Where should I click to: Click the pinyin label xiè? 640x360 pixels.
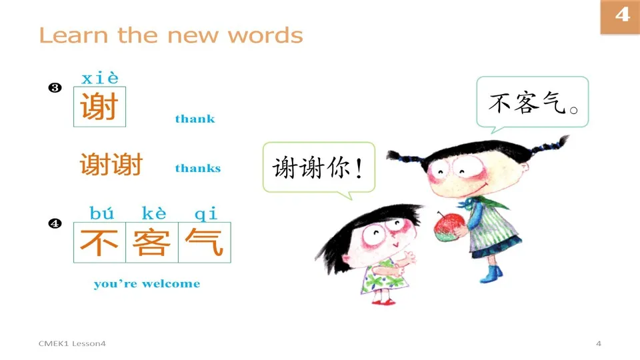(99, 79)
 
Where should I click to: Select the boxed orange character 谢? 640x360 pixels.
(99, 107)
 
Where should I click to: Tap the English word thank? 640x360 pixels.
(195, 119)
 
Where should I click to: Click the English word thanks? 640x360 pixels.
(197, 169)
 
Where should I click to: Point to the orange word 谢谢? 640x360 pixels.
(111, 164)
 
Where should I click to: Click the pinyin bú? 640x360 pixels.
(101, 214)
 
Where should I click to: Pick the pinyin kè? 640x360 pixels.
(154, 214)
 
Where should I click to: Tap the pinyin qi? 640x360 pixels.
(205, 214)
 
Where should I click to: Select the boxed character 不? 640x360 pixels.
(99, 243)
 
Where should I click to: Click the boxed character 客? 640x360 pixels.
(152, 243)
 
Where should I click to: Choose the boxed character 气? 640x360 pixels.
(204, 243)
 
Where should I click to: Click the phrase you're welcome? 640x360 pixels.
(147, 284)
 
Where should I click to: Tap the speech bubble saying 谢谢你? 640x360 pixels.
(319, 168)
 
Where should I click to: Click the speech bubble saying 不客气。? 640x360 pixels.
(532, 103)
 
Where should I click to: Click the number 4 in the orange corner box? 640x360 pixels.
(621, 15)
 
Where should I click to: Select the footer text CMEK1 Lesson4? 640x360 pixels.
(72, 343)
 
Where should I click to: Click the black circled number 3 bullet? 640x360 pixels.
(55, 88)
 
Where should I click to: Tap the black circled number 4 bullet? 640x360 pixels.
(55, 224)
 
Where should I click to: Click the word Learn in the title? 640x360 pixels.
(73, 35)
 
